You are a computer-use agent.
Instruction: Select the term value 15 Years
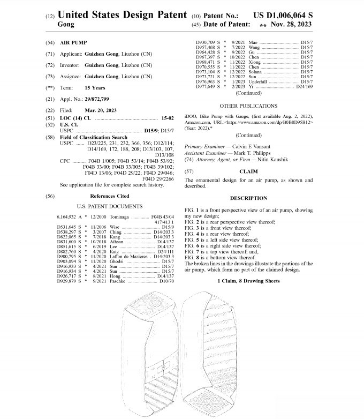pos(95,88)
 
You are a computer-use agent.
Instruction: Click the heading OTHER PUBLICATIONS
pos(248,106)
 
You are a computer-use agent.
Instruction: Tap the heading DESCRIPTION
pos(248,198)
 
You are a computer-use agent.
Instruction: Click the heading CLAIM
pos(248,171)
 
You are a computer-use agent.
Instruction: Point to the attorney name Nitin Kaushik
pos(272,159)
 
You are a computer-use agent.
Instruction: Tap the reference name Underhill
pos(260,81)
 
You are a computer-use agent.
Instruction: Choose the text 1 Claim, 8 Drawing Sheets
pos(248,281)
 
